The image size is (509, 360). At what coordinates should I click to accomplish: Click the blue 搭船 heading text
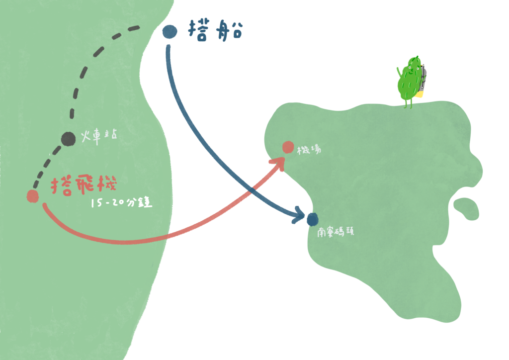point(216,31)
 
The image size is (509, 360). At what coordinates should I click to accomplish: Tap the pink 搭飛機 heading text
point(84,186)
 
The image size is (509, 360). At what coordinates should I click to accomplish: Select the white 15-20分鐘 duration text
point(121,203)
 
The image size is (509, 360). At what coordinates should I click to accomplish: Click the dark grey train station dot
point(68,139)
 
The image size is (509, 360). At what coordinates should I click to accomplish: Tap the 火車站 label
point(99,137)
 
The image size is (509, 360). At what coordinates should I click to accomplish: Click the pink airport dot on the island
point(288,147)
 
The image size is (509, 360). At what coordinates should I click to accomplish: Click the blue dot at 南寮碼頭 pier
point(312,218)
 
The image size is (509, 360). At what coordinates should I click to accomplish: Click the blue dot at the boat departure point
point(170,32)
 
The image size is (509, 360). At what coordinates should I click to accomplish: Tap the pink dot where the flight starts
point(33,196)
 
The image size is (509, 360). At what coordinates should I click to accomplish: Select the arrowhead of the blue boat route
point(300,215)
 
